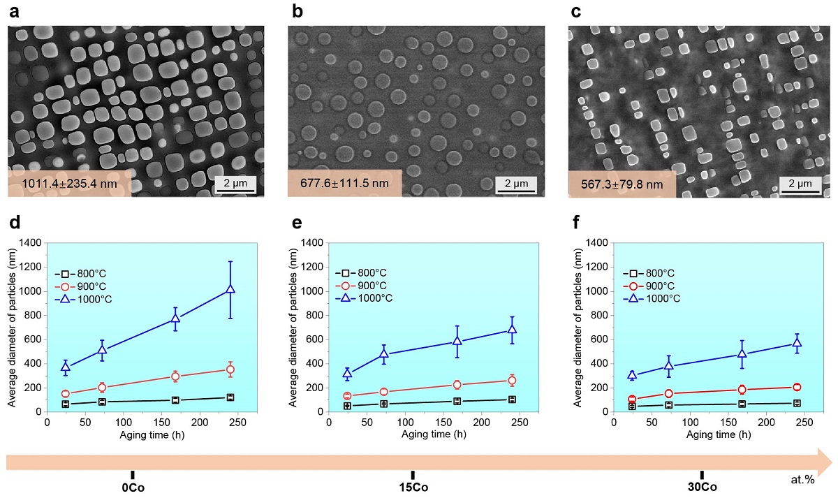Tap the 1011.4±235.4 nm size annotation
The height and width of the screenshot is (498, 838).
click(68, 184)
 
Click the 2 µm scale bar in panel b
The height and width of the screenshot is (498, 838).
click(515, 184)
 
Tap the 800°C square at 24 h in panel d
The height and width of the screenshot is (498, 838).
click(66, 404)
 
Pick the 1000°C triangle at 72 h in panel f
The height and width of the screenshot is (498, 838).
click(668, 365)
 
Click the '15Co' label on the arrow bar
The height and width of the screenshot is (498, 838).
click(413, 487)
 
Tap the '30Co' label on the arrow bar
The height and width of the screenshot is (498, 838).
click(702, 487)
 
